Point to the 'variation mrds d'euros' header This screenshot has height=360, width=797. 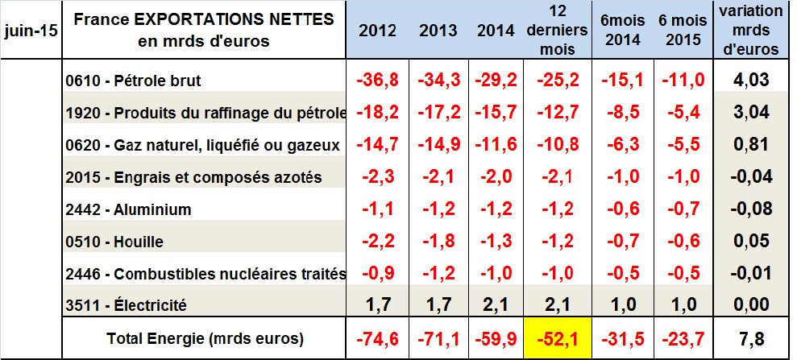(752, 31)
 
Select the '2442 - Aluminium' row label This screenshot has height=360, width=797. (130, 209)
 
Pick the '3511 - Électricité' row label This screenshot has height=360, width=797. (127, 305)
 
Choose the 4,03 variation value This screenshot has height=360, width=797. (751, 81)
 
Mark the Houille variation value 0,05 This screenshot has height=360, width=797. (751, 242)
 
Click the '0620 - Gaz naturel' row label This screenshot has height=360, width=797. (201, 145)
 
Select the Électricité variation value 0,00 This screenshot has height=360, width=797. (751, 305)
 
